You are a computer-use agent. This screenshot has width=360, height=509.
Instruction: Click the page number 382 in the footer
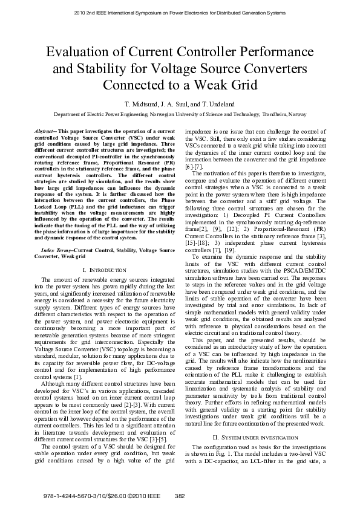pos(179,496)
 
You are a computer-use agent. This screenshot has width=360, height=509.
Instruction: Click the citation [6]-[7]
pos(194,166)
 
